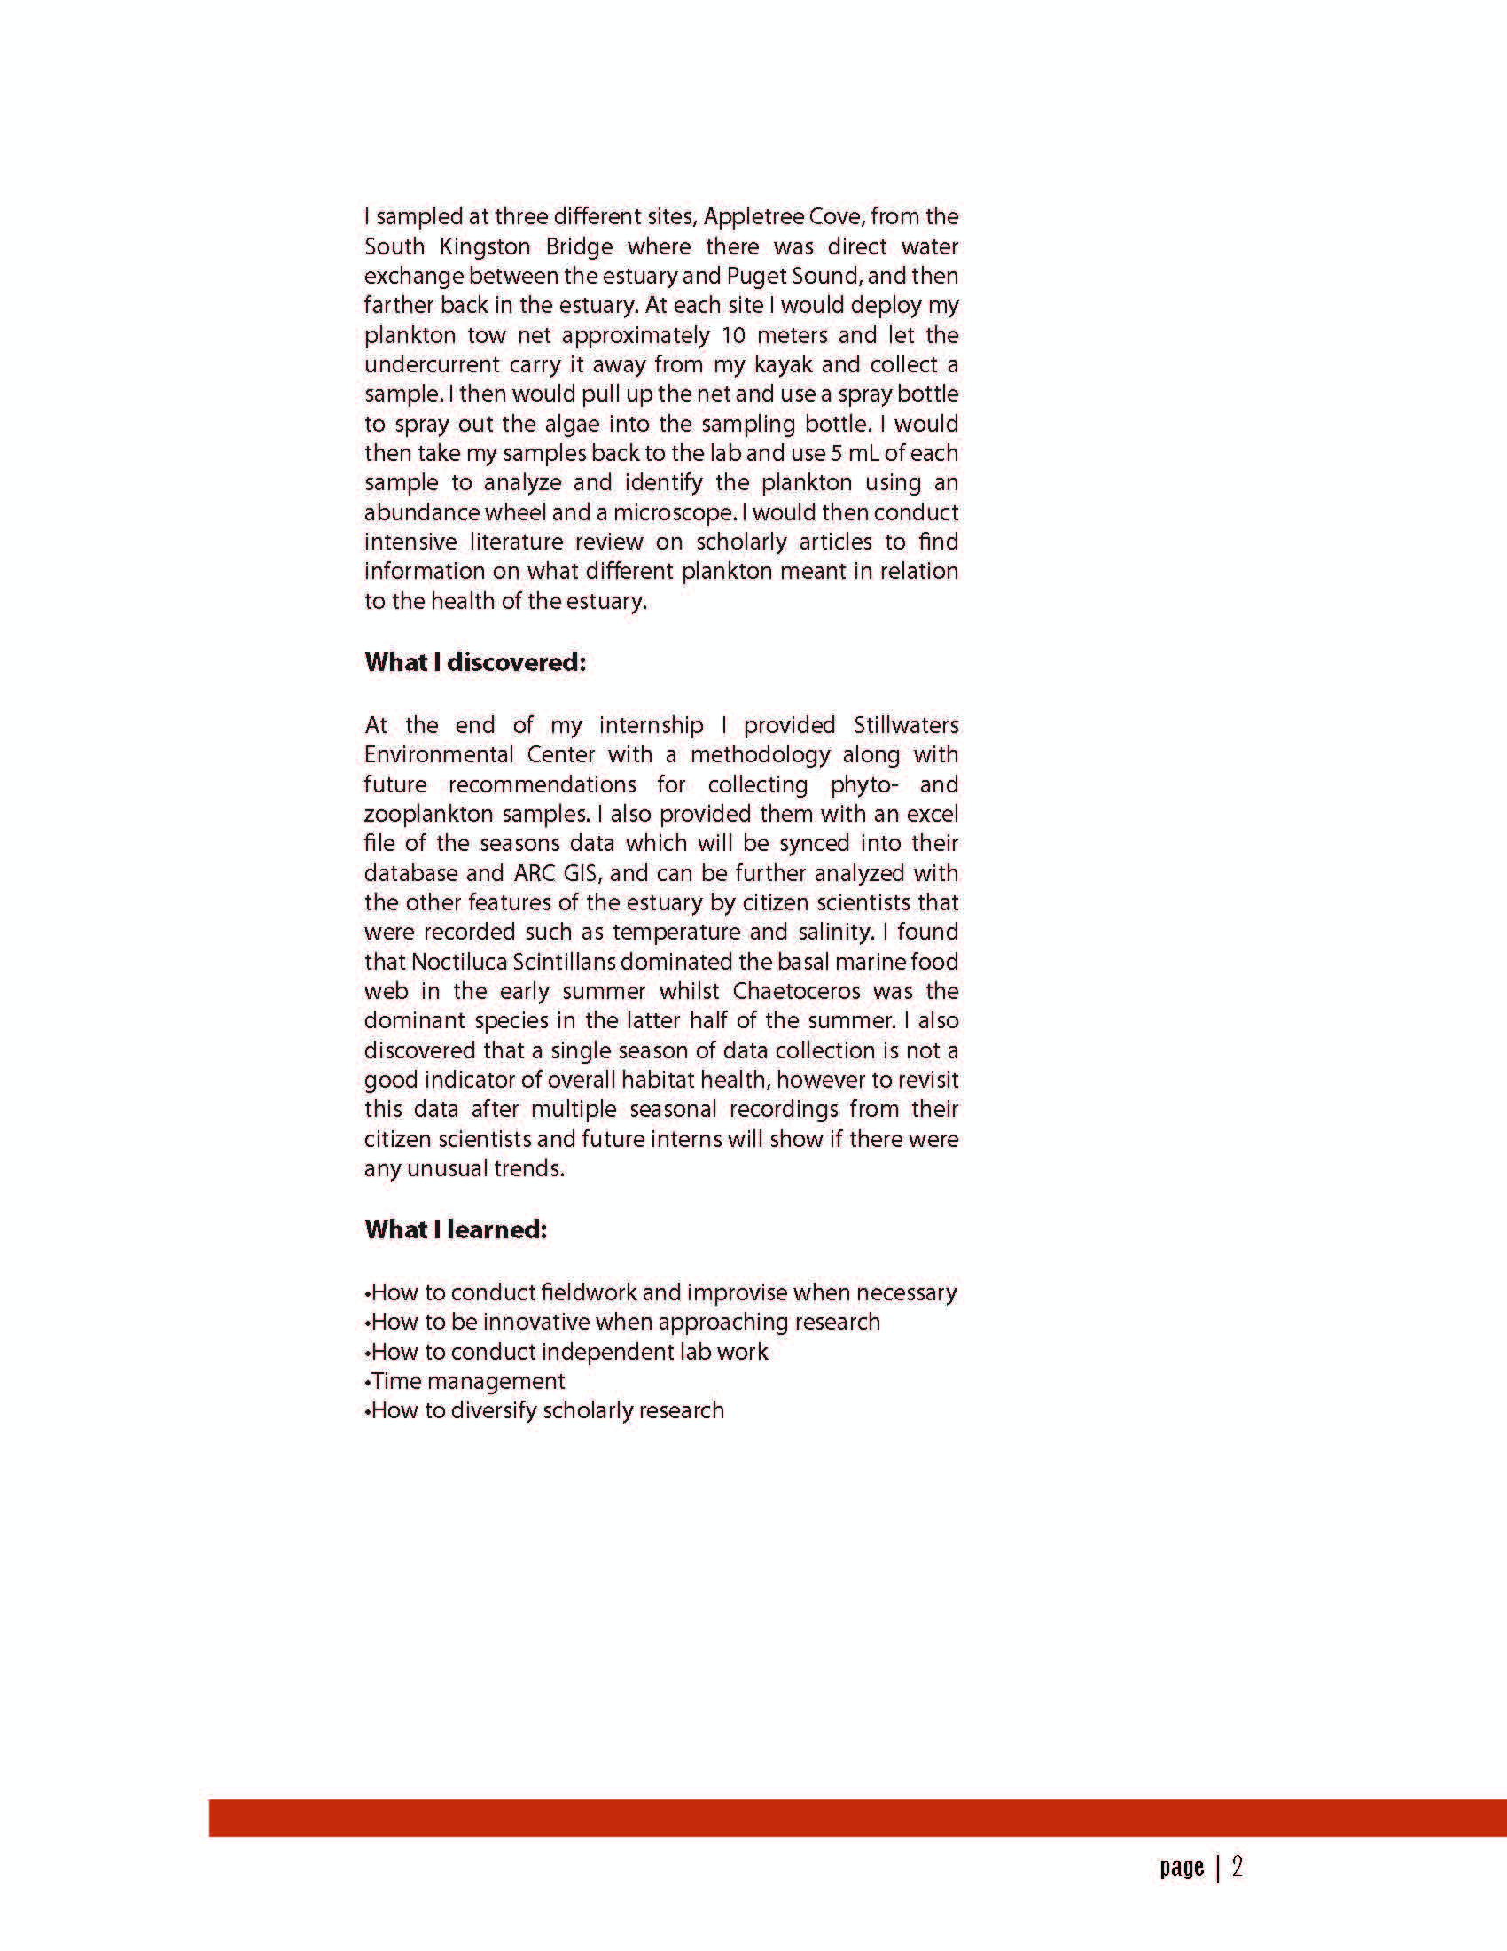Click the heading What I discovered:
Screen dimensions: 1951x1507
(x=474, y=662)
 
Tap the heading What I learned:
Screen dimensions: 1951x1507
(x=456, y=1229)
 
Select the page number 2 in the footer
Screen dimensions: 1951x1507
(x=1238, y=1867)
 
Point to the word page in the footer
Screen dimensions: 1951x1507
(x=1182, y=1868)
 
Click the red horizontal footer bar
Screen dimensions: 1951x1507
(x=857, y=1817)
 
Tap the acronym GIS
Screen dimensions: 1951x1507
(x=582, y=873)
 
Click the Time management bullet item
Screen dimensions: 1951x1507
(x=466, y=1381)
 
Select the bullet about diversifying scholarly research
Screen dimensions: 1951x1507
(x=546, y=1410)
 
